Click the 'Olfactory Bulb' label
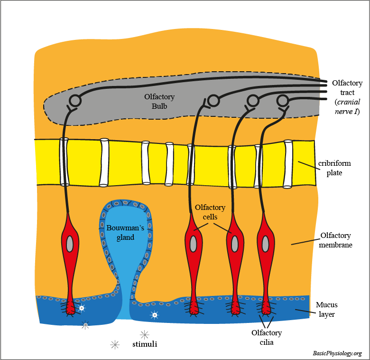159,101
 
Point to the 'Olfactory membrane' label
335,240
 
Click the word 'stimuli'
144,343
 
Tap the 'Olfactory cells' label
210,212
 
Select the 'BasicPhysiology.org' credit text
337,353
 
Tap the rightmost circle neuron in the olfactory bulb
283,100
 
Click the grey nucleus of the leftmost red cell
70,244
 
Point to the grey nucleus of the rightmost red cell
265,244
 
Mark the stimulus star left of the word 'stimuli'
114,345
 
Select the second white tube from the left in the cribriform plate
104,162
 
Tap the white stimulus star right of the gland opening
154,314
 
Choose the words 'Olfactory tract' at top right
347,87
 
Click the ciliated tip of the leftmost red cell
71,309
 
